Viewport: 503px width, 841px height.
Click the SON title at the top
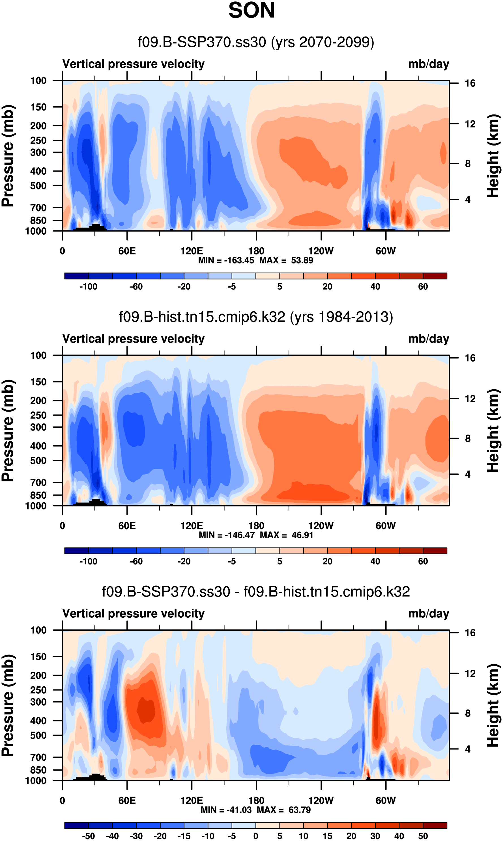[x=251, y=10]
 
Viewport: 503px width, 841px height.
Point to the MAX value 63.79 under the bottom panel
[x=300, y=810]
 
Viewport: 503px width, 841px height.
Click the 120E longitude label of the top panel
[x=192, y=251]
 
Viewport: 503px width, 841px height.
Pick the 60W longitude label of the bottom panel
[x=385, y=800]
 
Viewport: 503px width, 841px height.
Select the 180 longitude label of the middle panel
[x=256, y=526]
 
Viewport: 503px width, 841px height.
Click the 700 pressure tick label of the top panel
[x=38, y=207]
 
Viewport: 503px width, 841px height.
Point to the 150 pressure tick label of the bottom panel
[x=38, y=656]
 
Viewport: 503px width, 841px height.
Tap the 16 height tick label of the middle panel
[x=470, y=358]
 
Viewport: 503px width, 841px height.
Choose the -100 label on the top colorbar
[x=88, y=287]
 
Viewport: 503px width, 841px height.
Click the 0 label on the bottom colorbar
[x=256, y=836]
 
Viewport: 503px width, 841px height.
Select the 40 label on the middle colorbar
[x=375, y=562]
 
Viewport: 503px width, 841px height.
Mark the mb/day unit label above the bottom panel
[x=428, y=613]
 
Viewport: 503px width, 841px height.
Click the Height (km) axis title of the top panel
[x=493, y=156]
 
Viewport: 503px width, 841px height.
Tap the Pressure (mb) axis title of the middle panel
[x=7, y=431]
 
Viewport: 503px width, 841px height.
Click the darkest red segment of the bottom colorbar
[x=435, y=825]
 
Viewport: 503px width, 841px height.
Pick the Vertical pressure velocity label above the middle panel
[x=134, y=339]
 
